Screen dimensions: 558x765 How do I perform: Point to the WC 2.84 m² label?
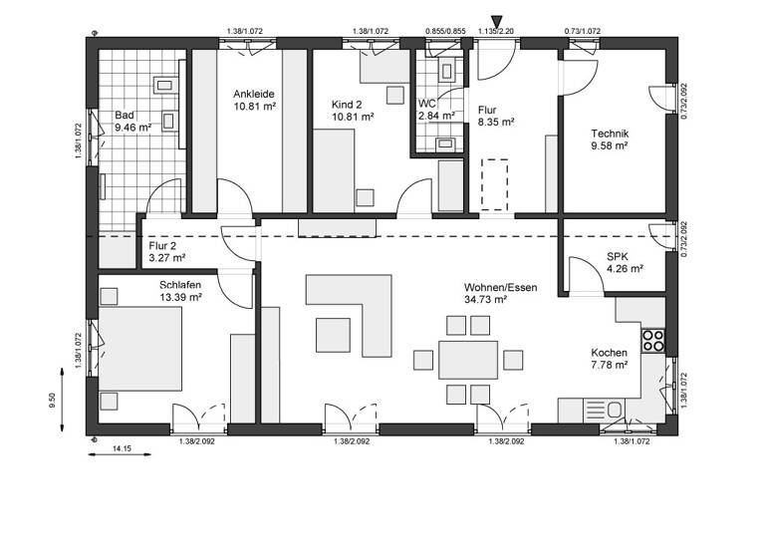pos(436,109)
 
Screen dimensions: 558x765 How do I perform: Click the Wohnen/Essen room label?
pos(500,292)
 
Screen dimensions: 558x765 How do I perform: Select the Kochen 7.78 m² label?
pos(609,359)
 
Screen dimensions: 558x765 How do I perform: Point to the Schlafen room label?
pos(180,290)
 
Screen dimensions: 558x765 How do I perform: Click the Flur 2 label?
pos(166,251)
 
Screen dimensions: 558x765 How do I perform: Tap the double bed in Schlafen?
pos(141,348)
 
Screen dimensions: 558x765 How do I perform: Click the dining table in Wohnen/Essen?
pos(467,360)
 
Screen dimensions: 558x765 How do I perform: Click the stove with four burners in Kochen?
pos(653,340)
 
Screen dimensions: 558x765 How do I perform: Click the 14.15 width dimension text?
pos(123,449)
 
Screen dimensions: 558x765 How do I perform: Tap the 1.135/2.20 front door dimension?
pos(496,32)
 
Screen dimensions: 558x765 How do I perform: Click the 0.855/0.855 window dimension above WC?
pos(444,32)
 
